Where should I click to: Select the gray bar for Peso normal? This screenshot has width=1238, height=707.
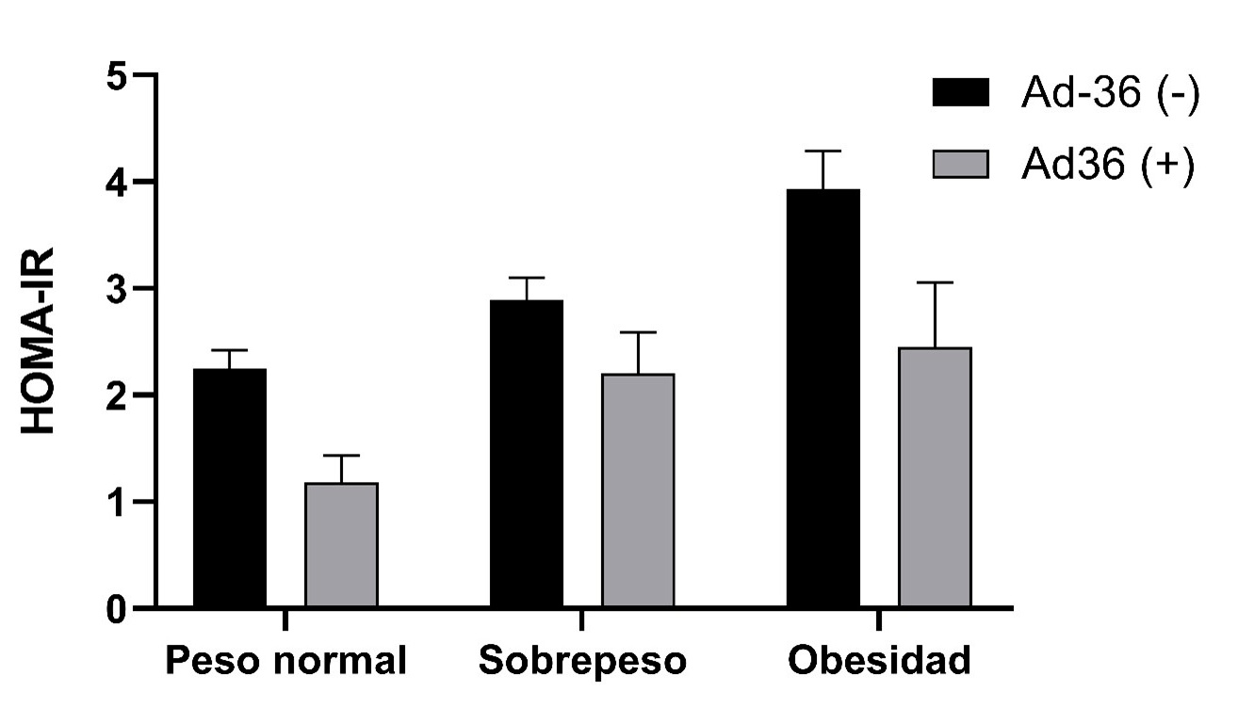341,545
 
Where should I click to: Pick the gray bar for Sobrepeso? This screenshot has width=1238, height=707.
638,490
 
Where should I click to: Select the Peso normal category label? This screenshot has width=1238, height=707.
286,661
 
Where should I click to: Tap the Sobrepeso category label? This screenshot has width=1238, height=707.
581,661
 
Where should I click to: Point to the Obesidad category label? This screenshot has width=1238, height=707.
878,661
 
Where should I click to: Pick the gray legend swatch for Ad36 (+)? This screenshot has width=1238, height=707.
961,164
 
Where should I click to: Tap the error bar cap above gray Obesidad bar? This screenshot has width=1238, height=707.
935,282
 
